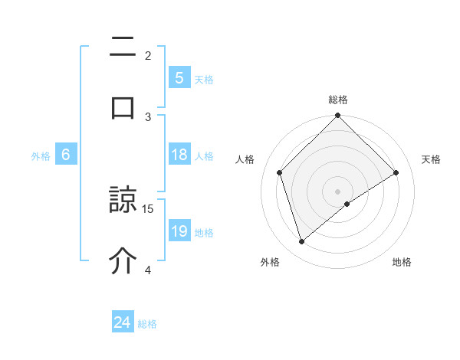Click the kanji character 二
point(123,49)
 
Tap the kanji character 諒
point(123,201)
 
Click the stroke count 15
point(149,208)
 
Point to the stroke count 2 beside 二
point(148,55)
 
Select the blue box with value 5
point(179,78)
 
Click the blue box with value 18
point(179,155)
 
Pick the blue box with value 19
point(179,231)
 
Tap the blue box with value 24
point(123,323)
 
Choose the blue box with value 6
point(66,155)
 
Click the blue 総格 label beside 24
point(147,324)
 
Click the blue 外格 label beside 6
point(41,155)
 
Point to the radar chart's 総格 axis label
point(337,100)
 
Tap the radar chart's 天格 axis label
point(431,159)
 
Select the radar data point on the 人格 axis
point(280,172)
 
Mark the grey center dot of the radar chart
point(337,191)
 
